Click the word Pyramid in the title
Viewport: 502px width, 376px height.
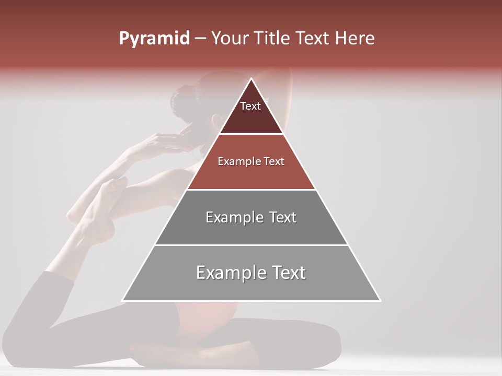click(x=154, y=39)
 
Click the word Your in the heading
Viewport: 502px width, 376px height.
click(x=230, y=39)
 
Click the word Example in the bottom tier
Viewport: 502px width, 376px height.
click(x=227, y=273)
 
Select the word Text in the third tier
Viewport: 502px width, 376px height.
click(x=283, y=217)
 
